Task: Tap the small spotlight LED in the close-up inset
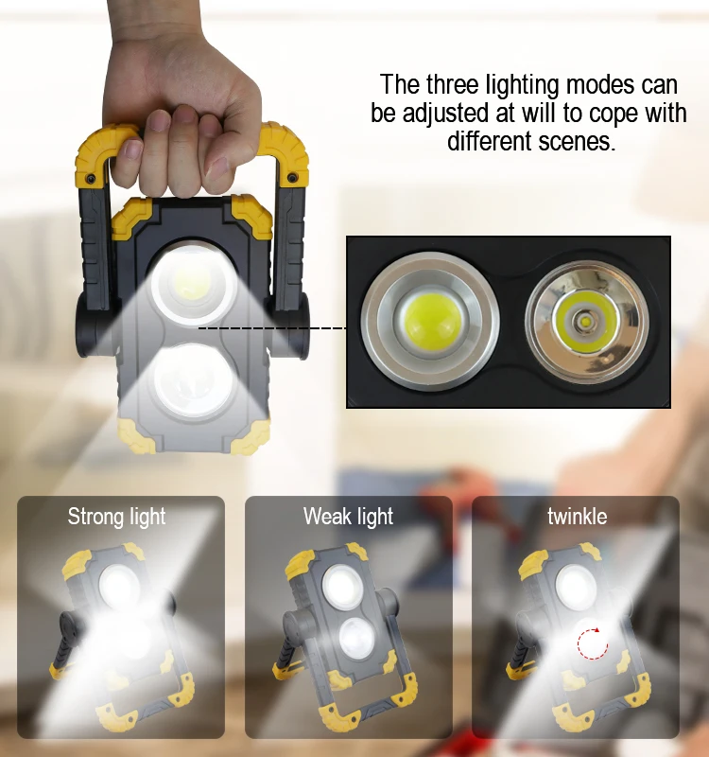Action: (x=586, y=323)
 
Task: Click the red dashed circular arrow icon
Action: (x=592, y=644)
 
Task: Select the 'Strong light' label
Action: (x=116, y=517)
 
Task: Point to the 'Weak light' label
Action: (x=348, y=517)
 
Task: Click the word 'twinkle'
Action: (x=577, y=517)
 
